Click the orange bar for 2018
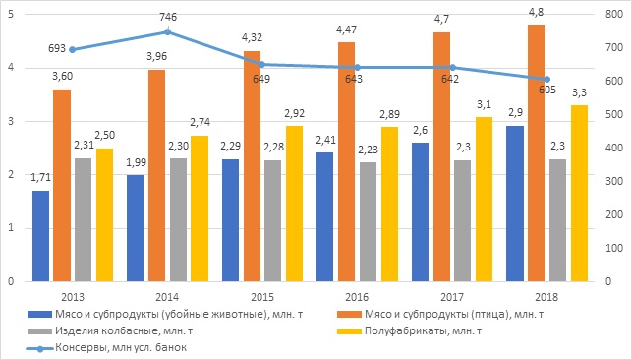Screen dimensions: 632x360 (536, 152)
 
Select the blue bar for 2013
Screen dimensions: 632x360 (40, 236)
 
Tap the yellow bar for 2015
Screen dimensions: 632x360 (294, 204)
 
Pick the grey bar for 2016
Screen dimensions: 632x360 (368, 221)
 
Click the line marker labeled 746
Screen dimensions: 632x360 (168, 32)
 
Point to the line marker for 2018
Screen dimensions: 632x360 (546, 80)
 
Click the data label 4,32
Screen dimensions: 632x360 (252, 37)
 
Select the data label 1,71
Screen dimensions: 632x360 (40, 177)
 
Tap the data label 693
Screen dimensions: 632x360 (57, 48)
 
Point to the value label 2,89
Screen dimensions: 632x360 (389, 114)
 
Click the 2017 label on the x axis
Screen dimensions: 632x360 (451, 297)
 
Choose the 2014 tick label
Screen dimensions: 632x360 (167, 297)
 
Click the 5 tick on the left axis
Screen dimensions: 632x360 (11, 15)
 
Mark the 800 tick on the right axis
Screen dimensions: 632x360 (614, 14)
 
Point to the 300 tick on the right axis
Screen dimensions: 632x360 (614, 181)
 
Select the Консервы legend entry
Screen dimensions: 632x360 (107, 347)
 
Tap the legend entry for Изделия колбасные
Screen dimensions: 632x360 (110, 330)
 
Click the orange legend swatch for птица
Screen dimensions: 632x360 (349, 314)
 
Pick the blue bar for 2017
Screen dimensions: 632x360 (420, 212)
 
